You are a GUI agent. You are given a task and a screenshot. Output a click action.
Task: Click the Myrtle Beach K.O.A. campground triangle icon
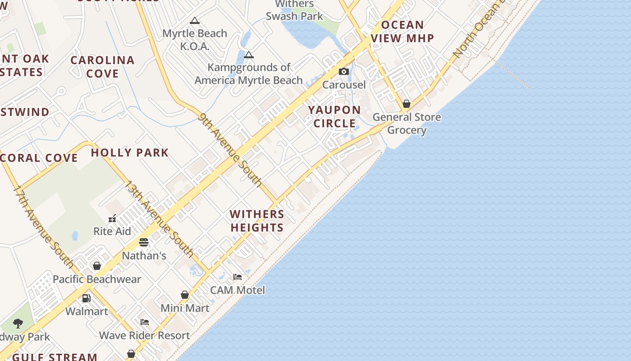[195, 21]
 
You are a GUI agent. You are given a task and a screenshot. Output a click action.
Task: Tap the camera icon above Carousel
[344, 72]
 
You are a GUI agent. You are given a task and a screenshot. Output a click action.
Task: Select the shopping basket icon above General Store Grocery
[407, 104]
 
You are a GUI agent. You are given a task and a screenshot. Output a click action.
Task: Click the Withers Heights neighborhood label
[257, 221]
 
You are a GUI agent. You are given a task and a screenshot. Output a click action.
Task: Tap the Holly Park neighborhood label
[130, 153]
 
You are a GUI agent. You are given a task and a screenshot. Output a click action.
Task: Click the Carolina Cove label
[103, 67]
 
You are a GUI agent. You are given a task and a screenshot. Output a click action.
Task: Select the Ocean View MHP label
[402, 32]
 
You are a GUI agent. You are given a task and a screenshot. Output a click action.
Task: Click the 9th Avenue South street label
[230, 149]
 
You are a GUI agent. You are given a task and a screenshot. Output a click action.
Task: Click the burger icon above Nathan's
[144, 243]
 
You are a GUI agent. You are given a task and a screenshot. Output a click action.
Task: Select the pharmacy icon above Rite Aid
[112, 219]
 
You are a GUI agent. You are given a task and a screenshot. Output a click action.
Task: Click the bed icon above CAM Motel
[238, 277]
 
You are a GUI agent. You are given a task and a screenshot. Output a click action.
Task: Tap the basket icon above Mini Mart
[185, 295]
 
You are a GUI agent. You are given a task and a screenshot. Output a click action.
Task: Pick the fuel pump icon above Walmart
[86, 298]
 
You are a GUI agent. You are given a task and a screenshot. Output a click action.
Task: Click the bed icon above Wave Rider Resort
[145, 322]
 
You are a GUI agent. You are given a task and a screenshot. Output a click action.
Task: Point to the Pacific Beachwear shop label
[97, 279]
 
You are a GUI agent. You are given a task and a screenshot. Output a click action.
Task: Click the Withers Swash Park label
[294, 10]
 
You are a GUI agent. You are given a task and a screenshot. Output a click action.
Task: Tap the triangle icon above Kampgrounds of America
[249, 55]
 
